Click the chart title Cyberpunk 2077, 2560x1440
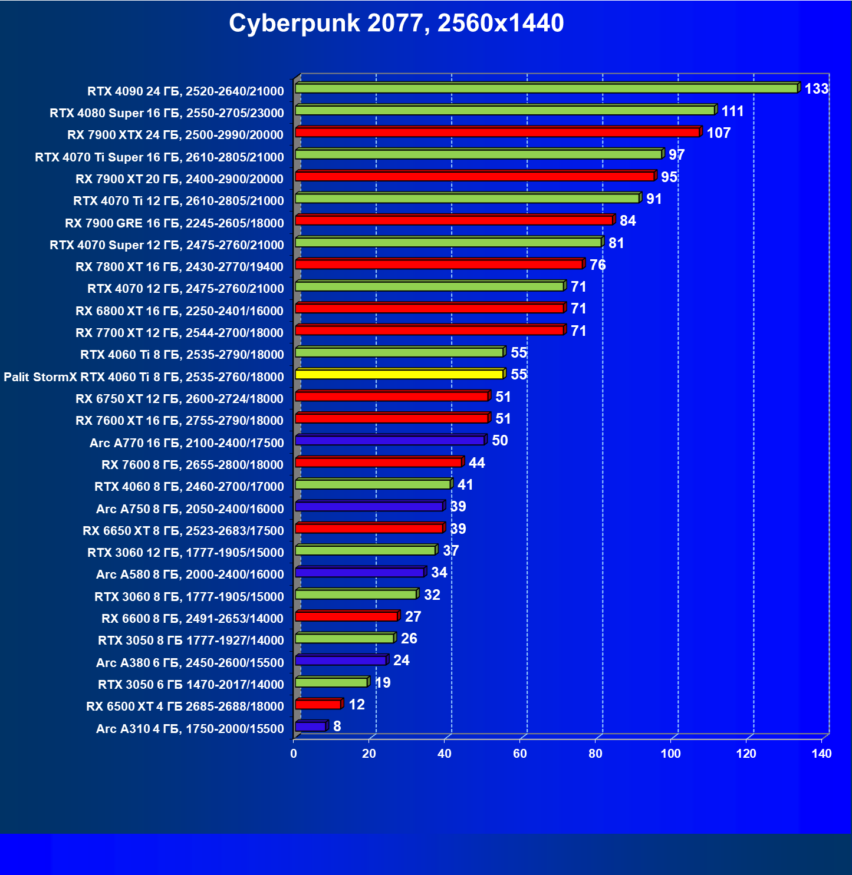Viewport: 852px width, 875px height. [x=396, y=24]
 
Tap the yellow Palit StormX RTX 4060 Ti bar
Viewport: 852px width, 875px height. [x=399, y=374]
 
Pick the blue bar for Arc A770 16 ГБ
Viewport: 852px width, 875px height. [x=390, y=440]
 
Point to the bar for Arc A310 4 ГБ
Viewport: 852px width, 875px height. [x=310, y=727]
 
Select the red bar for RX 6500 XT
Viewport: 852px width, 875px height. [x=318, y=704]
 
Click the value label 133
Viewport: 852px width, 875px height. [x=817, y=89]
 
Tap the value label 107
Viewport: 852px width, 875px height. [x=719, y=133]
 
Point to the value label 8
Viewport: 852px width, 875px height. [x=337, y=726]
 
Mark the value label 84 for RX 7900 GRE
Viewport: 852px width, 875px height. [x=628, y=221]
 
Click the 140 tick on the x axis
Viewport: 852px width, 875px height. [x=821, y=754]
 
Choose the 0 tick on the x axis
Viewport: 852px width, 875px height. [x=294, y=754]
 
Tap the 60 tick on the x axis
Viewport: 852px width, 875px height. [x=520, y=754]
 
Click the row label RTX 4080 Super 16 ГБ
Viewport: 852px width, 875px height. [x=167, y=113]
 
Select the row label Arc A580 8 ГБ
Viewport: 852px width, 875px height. [x=190, y=574]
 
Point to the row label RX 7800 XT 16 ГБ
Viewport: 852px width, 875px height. [x=180, y=267]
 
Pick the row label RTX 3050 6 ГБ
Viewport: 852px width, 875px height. [x=191, y=685]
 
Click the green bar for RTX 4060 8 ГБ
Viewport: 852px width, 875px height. [x=373, y=484]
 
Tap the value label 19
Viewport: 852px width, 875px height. [x=383, y=683]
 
